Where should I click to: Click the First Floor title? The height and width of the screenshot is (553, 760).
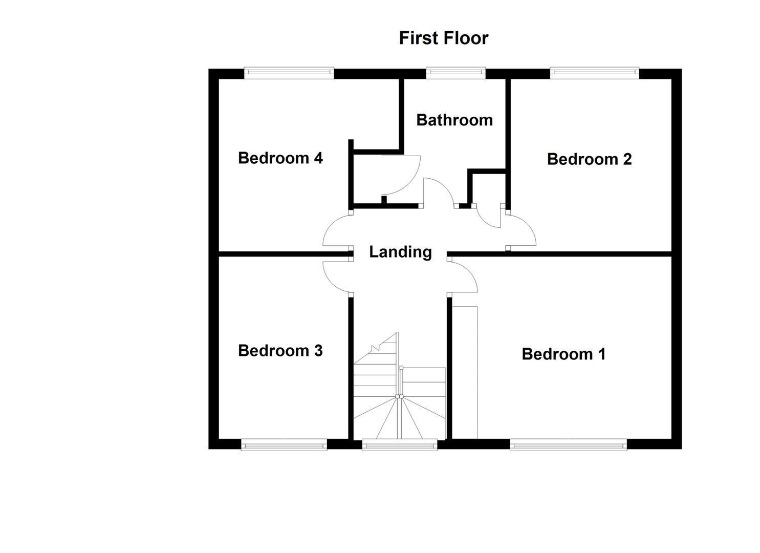[443, 38]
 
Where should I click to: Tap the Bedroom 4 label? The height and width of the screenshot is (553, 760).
[280, 158]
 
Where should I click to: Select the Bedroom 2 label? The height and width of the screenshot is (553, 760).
[589, 159]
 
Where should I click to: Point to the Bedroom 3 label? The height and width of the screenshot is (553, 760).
[280, 351]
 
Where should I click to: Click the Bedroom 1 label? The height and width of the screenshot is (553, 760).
[563, 354]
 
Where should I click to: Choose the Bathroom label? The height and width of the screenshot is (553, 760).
[454, 120]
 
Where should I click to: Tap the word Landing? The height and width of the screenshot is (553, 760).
[400, 252]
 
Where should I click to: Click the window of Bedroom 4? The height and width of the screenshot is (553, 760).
[289, 73]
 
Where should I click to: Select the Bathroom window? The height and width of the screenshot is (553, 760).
[455, 73]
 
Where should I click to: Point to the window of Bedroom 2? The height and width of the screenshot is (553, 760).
[595, 73]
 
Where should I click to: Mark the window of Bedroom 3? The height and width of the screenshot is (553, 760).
[284, 444]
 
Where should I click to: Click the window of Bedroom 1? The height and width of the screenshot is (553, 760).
[568, 444]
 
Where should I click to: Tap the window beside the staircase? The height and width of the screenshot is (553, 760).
[400, 444]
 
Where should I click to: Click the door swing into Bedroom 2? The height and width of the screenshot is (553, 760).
[521, 231]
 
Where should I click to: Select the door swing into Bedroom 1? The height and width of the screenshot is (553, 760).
[464, 276]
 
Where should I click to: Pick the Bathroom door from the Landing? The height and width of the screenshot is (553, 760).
[438, 193]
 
